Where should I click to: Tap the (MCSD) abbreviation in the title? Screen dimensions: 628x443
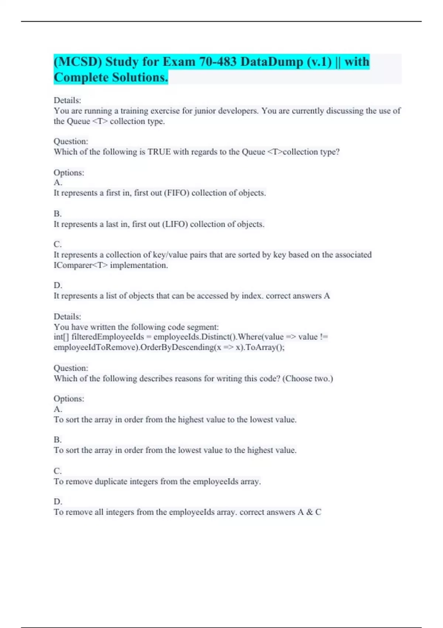click(x=78, y=61)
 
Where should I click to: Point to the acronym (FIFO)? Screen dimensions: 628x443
click(x=176, y=193)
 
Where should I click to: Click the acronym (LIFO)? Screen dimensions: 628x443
click(x=175, y=224)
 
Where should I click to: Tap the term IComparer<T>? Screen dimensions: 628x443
click(x=80, y=265)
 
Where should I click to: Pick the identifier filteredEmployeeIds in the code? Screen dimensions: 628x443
click(x=107, y=337)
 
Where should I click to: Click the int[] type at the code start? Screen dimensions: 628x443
click(x=61, y=337)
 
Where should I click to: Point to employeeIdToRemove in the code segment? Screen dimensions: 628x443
click(x=96, y=347)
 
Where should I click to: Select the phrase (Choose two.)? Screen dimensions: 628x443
click(x=308, y=379)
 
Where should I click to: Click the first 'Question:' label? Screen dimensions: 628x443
click(x=71, y=141)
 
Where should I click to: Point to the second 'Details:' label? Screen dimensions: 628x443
click(x=67, y=317)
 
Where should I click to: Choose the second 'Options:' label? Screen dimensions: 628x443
click(x=69, y=399)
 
